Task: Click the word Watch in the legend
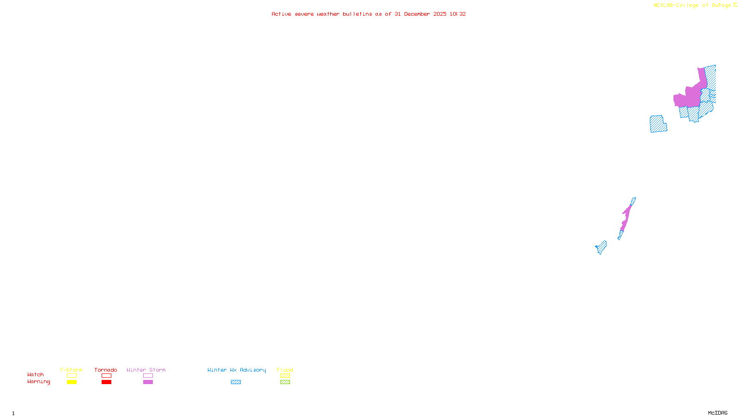(x=36, y=375)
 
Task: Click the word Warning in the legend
(x=39, y=382)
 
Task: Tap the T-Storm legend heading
(x=71, y=370)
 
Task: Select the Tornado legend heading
(x=106, y=370)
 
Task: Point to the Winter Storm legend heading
(x=146, y=370)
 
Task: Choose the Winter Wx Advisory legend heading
(x=236, y=370)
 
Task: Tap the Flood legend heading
(x=285, y=370)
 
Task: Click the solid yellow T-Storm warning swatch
(x=72, y=382)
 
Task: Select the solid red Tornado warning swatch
(x=106, y=382)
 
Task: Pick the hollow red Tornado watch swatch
(x=106, y=376)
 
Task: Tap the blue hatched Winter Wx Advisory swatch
(x=236, y=382)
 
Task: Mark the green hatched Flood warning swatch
(x=285, y=382)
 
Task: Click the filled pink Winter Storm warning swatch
(x=148, y=382)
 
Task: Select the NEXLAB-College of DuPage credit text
(x=692, y=5)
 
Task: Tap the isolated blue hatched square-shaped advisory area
(x=658, y=124)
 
